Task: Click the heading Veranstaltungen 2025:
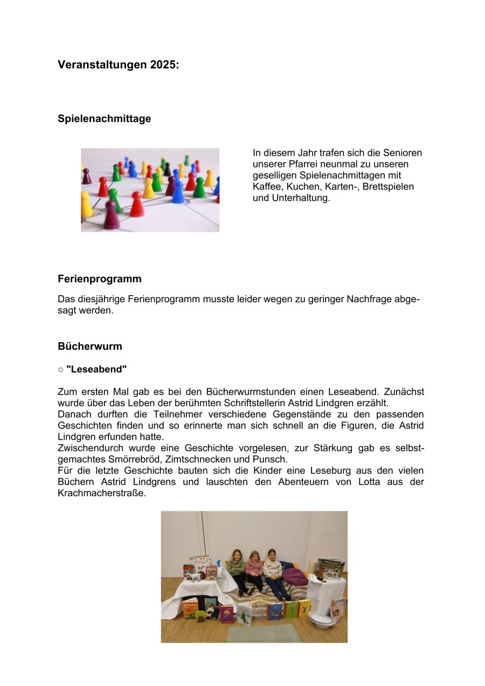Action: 118,65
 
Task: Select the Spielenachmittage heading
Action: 104,119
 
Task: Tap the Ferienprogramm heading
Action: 100,279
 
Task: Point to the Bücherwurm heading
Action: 89,346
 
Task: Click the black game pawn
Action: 167,169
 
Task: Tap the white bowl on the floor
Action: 323,620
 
